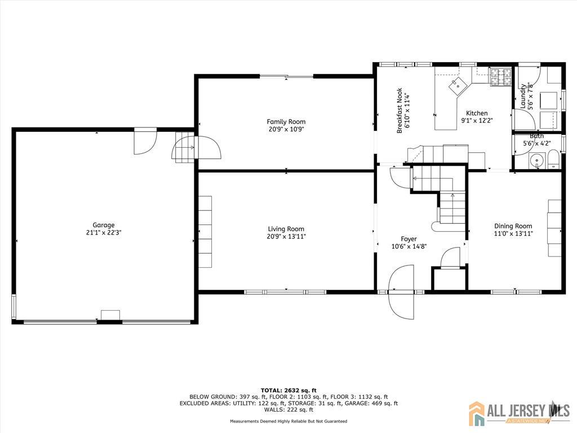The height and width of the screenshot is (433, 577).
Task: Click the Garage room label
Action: (x=104, y=225)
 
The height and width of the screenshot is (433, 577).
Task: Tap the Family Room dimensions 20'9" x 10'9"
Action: (x=286, y=129)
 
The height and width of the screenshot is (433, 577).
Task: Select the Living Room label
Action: (x=286, y=229)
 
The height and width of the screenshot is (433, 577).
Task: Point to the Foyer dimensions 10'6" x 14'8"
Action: (x=409, y=246)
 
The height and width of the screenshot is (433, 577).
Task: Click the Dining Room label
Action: (x=513, y=226)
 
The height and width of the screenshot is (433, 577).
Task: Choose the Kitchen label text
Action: (x=477, y=113)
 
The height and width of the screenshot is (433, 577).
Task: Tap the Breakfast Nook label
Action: (x=400, y=111)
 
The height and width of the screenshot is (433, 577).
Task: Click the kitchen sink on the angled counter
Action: (x=457, y=86)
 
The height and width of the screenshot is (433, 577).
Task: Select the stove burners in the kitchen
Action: (x=500, y=77)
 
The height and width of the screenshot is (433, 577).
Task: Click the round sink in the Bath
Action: (x=537, y=161)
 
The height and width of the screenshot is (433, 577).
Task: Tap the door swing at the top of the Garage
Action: (x=145, y=141)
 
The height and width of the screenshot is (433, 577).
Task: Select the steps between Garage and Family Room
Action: (x=184, y=147)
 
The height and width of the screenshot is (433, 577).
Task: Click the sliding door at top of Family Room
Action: (x=287, y=77)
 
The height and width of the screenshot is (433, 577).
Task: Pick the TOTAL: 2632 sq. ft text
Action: (x=288, y=390)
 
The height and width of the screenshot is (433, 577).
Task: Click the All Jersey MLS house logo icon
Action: (x=477, y=413)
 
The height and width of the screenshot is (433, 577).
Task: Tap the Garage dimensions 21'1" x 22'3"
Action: (x=104, y=232)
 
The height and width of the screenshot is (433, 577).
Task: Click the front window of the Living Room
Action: (x=285, y=292)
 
